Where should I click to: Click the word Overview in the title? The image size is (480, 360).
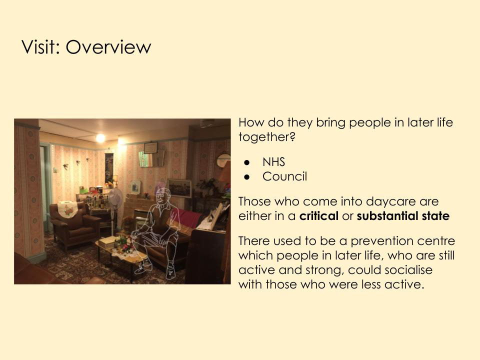[x=108, y=47]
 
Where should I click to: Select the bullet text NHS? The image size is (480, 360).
[x=273, y=162]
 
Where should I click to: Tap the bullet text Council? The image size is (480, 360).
[x=284, y=176]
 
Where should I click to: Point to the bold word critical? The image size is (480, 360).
[x=318, y=216]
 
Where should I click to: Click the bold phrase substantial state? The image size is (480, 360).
[x=403, y=216]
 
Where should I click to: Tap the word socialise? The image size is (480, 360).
[x=408, y=270]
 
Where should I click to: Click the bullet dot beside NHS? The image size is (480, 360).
[x=247, y=162]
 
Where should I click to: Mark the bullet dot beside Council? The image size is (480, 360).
[x=247, y=177]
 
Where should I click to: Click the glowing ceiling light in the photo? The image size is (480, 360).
[x=100, y=138]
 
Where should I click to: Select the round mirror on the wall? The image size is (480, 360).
[x=223, y=160]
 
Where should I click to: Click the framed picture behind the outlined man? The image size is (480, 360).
[x=179, y=188]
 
